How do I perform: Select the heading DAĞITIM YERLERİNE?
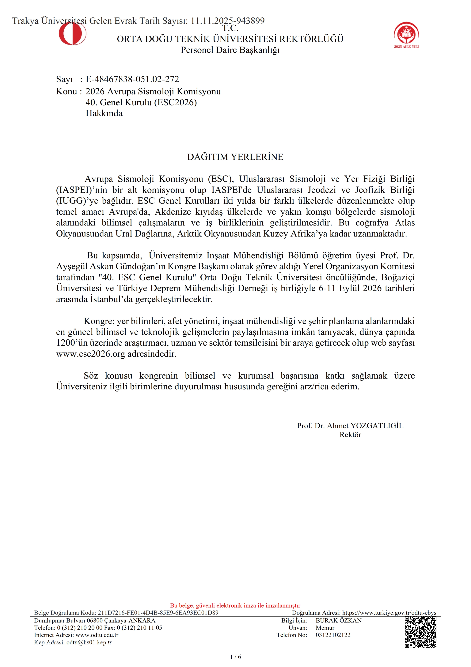(x=235, y=157)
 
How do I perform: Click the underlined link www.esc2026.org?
(x=91, y=354)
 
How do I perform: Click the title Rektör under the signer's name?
(x=350, y=435)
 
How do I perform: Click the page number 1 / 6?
(x=235, y=657)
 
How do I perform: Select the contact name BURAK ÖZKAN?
(x=338, y=621)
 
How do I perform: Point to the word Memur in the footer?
(x=325, y=628)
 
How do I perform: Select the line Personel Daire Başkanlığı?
(x=230, y=50)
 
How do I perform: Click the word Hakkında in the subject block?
(x=104, y=113)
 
